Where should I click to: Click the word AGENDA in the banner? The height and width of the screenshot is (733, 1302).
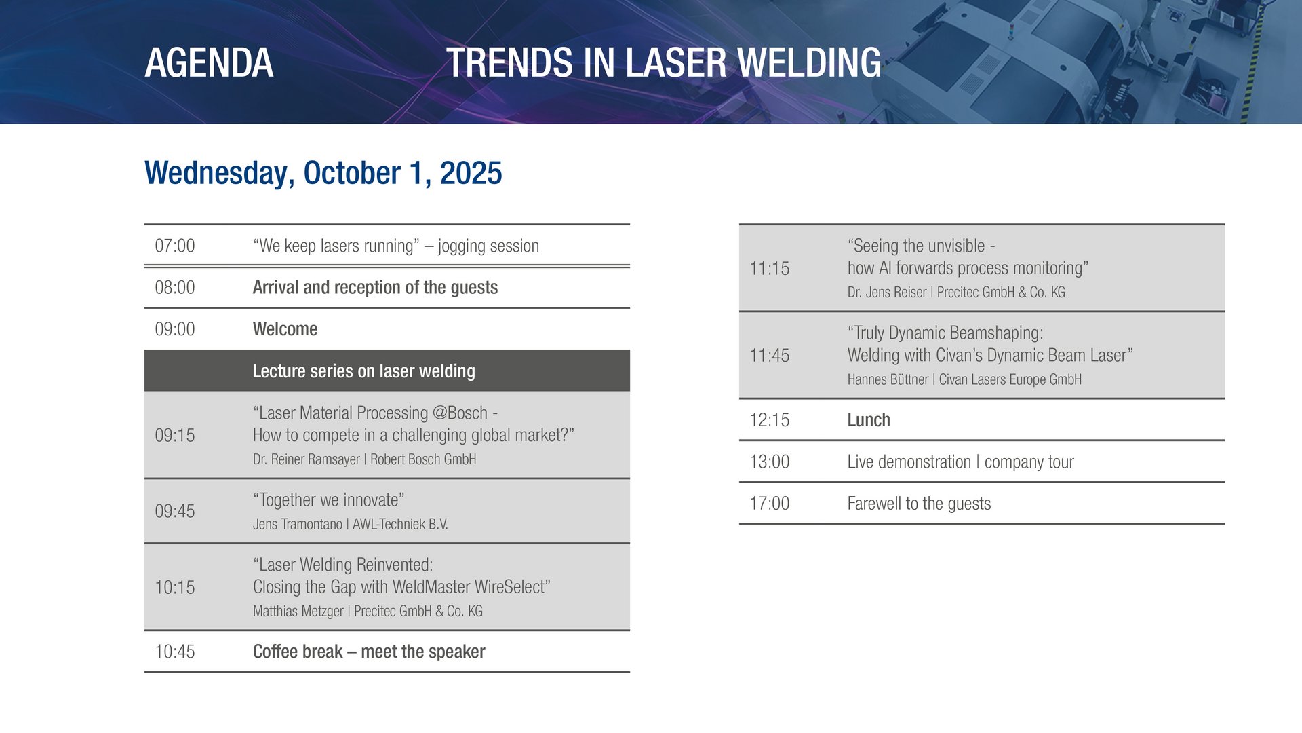pos(209,62)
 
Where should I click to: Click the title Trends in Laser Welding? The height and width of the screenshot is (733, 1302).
pos(663,62)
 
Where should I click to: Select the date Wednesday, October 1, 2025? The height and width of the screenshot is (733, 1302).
pos(323,173)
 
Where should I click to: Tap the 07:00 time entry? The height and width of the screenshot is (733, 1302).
pos(175,246)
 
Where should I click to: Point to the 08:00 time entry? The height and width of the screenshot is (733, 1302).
pos(175,287)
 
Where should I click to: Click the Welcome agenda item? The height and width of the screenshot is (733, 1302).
pos(285,329)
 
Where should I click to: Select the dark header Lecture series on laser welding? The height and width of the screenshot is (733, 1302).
pos(364,371)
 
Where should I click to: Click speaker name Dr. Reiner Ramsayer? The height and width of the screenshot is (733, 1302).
pos(307,459)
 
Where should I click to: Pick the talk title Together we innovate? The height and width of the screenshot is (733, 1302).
pos(329,500)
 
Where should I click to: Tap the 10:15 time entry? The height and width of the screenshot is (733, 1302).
pos(175,587)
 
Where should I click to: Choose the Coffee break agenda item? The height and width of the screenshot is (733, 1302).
pos(369,652)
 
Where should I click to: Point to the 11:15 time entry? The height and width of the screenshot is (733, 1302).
pos(770,268)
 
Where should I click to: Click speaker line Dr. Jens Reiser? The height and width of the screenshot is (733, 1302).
pos(956,292)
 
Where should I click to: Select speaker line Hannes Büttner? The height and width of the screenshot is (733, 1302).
pos(964,379)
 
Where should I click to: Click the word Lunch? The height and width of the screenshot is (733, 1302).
pos(869,420)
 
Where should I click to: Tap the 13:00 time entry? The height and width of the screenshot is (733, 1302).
pos(770,462)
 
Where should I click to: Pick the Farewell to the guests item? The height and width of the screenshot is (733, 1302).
pos(919,504)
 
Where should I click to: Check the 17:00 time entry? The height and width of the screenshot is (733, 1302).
pos(770,504)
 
